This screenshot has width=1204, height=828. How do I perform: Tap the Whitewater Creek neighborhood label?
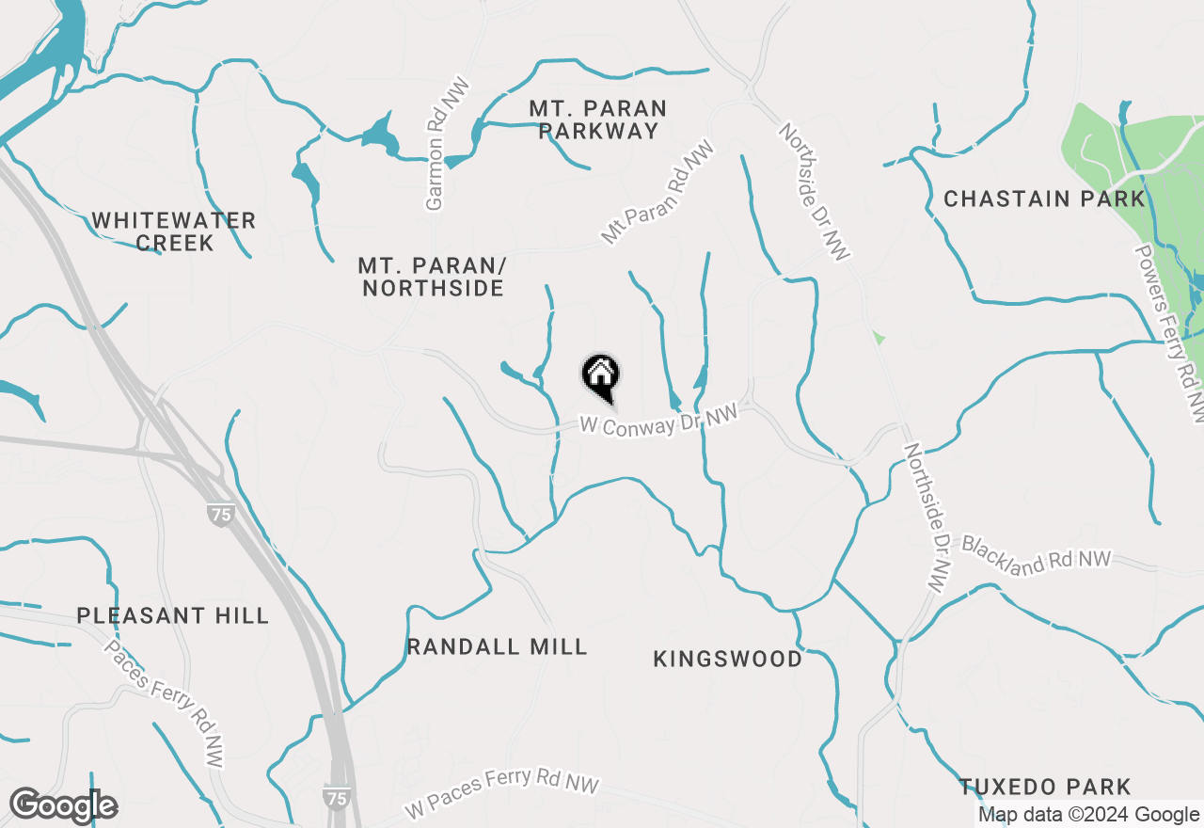174,231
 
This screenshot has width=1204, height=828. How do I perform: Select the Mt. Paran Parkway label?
598,119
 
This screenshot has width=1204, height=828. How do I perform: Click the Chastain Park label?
1044,199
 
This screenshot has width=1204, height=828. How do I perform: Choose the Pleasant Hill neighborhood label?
173,616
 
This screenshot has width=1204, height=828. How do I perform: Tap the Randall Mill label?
498,646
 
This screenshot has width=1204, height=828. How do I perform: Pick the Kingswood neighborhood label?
728,659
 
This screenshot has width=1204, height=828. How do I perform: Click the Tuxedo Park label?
1045,787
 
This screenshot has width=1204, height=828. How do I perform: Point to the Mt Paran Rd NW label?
657,193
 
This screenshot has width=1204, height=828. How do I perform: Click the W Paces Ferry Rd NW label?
502,793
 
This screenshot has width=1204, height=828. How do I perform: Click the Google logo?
63,805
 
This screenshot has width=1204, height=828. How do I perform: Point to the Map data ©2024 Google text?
1088,815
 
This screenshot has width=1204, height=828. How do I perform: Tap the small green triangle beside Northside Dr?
879,337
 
